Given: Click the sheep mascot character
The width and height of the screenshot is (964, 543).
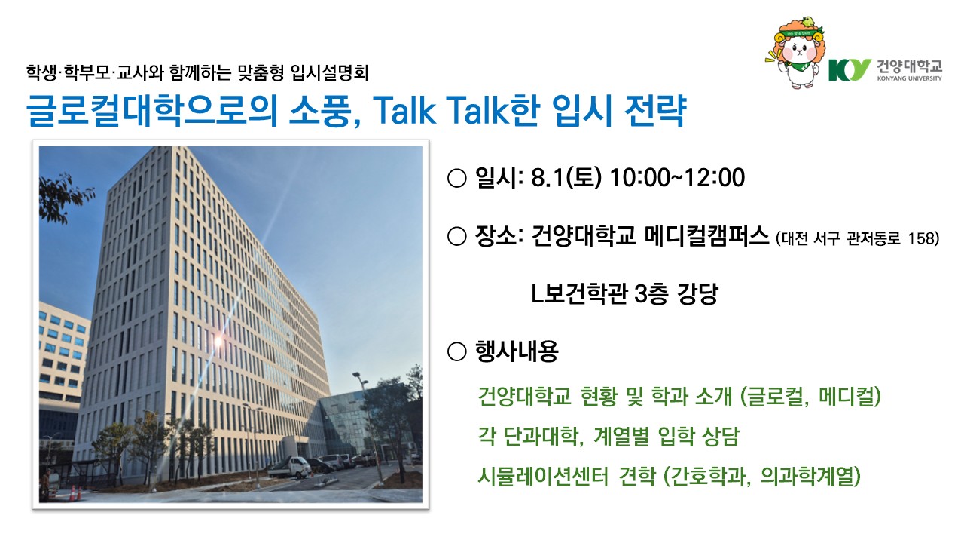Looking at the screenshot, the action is (x=796, y=53).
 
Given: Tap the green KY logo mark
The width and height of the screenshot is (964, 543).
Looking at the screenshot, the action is (x=850, y=70).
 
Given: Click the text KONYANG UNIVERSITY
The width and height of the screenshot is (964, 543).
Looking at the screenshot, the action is (x=909, y=78).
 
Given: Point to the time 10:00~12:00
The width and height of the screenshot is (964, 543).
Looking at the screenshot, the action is (x=677, y=177).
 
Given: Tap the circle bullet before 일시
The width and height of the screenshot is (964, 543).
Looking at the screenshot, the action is (x=457, y=179).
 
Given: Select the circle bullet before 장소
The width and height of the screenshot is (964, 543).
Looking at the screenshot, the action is (x=457, y=236).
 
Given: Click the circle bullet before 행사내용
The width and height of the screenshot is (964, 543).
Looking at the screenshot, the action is (x=457, y=351).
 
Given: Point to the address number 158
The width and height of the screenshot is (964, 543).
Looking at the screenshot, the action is (x=921, y=238).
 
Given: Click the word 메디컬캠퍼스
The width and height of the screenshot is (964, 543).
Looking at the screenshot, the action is (x=706, y=236).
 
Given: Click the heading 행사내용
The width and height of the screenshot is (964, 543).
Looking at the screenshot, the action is (x=517, y=351).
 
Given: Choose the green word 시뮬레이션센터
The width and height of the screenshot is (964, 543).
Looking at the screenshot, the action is (x=543, y=476).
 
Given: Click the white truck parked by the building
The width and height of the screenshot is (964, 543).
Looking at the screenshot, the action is (x=290, y=467).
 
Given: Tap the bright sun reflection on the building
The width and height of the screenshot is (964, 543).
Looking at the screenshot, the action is (x=218, y=342).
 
